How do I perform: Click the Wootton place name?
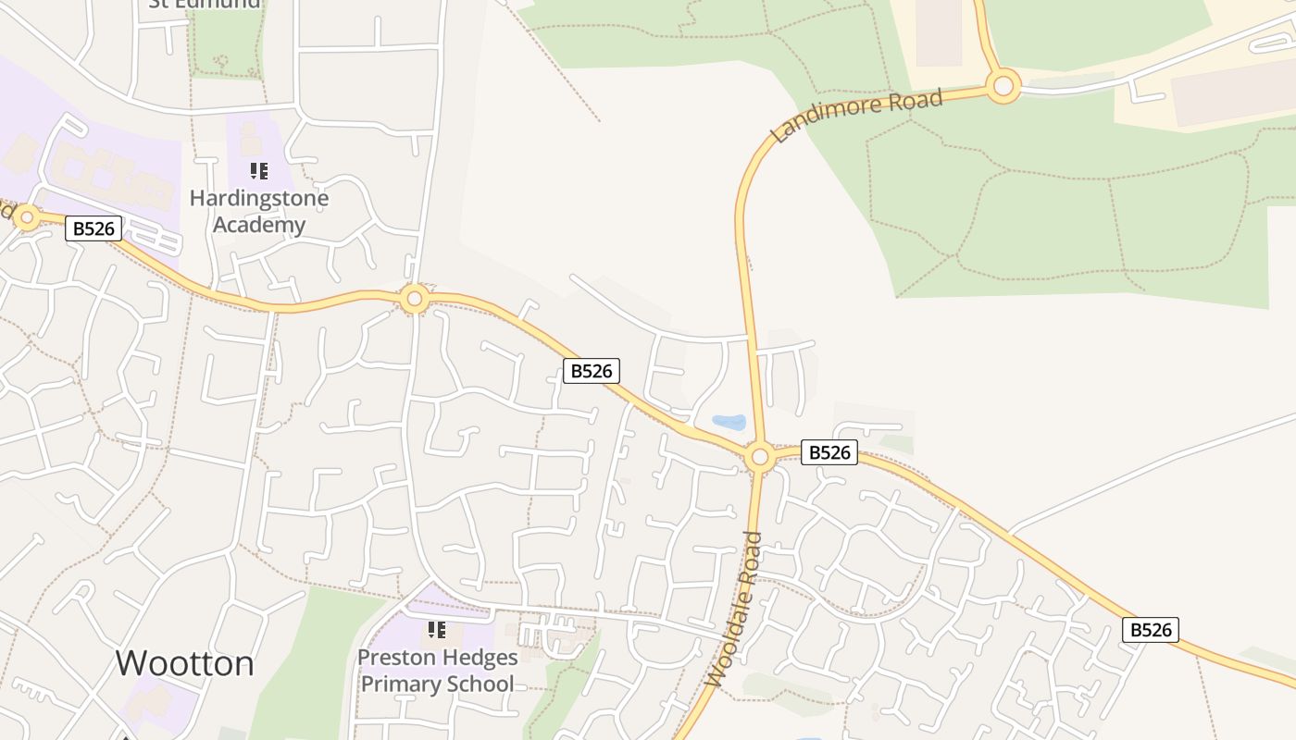click(x=184, y=663)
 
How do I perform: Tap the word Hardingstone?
click(x=259, y=198)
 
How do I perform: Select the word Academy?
click(x=259, y=225)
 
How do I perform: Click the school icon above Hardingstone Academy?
click(x=259, y=170)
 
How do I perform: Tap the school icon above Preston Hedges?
click(x=437, y=630)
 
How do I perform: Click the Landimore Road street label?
click(x=855, y=116)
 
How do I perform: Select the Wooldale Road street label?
click(x=734, y=609)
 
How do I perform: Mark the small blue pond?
click(x=729, y=423)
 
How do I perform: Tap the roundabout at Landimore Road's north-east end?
click(x=1003, y=87)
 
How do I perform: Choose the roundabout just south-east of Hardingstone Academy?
click(x=415, y=299)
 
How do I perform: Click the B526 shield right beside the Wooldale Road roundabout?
click(x=829, y=452)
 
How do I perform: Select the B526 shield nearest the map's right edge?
click(x=1151, y=630)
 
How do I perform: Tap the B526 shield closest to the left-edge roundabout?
click(x=93, y=228)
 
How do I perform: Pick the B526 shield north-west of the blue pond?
click(x=592, y=371)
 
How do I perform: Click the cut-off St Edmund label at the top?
click(x=206, y=4)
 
